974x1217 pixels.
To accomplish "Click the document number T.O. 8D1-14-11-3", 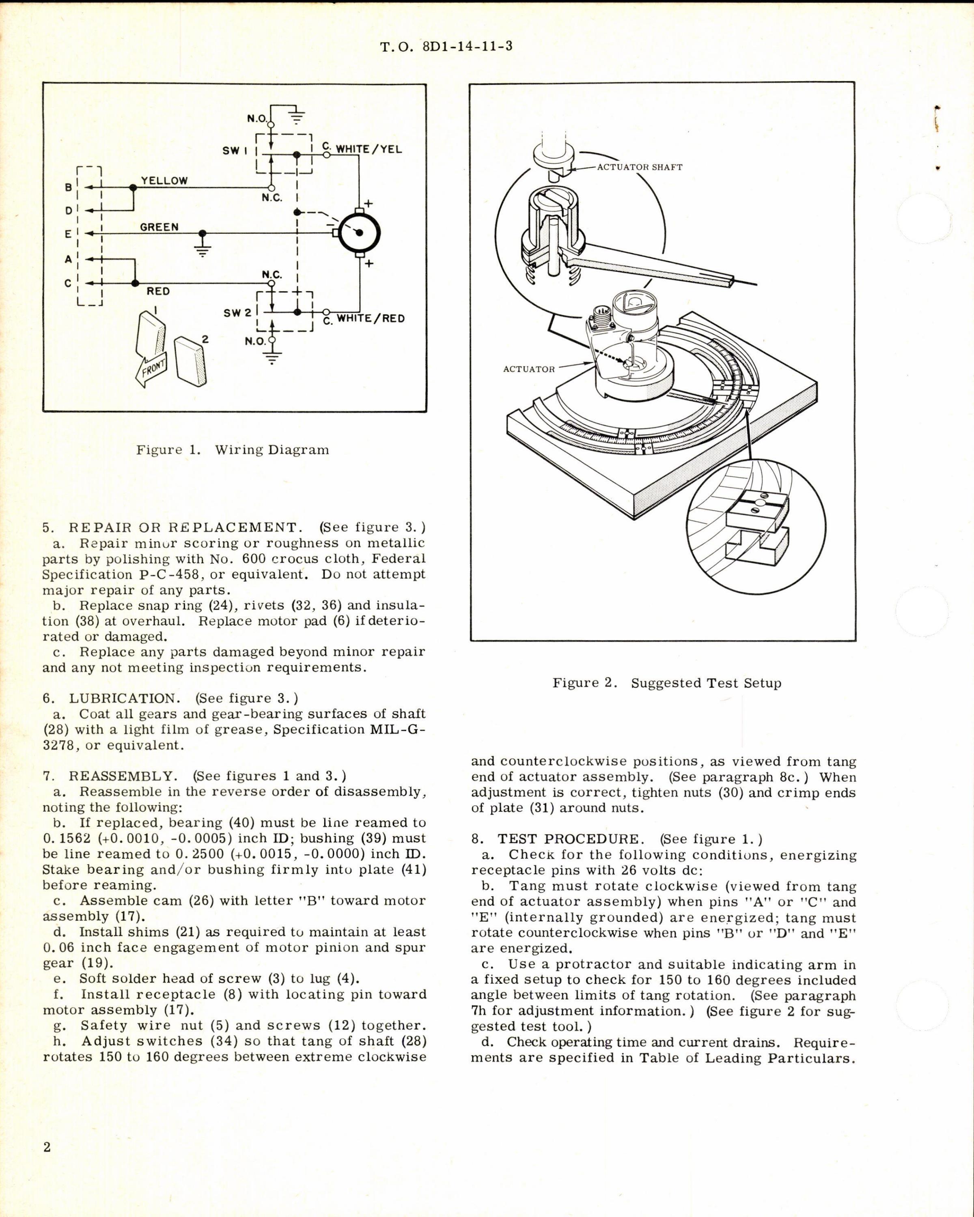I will [446, 46].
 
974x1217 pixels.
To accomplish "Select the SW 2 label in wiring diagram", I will [237, 312].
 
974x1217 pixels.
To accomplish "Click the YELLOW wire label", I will [164, 181].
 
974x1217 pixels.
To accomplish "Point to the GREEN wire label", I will [159, 227].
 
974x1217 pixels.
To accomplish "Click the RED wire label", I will [158, 291].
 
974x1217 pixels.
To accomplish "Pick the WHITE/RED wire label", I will [371, 318].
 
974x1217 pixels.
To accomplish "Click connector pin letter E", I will [68, 234].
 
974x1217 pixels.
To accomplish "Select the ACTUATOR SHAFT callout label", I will [640, 167].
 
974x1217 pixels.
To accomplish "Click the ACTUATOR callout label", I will [528, 369].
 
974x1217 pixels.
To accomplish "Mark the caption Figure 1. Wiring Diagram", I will [232, 450].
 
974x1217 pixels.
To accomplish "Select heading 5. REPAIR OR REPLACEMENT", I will [175, 527].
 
